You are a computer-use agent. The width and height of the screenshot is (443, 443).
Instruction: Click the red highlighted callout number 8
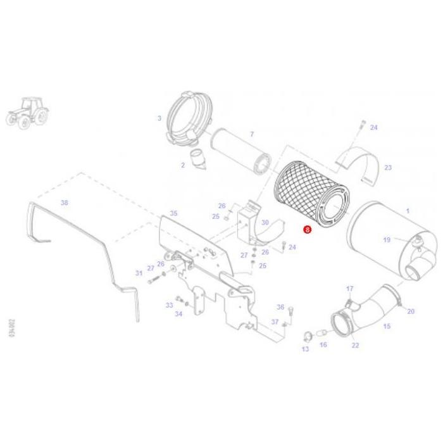point(308,231)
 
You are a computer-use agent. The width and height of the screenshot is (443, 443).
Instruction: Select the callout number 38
point(63,203)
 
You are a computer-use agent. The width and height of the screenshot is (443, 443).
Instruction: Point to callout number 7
point(251,134)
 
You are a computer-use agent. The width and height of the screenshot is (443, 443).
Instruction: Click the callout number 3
point(159,118)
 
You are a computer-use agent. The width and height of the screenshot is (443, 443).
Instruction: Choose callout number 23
point(388,168)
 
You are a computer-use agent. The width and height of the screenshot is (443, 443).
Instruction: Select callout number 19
point(387,240)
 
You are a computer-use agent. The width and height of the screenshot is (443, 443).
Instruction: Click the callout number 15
point(387,326)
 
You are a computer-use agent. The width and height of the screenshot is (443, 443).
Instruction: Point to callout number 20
point(410,311)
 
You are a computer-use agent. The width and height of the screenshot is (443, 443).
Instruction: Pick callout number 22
point(355,345)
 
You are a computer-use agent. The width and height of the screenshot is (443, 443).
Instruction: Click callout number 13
point(304,349)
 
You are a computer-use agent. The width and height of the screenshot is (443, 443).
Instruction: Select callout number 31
point(139,273)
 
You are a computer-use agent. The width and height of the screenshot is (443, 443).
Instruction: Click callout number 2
point(182,165)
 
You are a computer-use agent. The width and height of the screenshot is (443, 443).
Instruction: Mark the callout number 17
point(349,289)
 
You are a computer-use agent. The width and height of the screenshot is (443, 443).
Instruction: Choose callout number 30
point(265,222)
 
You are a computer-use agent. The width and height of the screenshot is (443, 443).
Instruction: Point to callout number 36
point(280,307)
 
